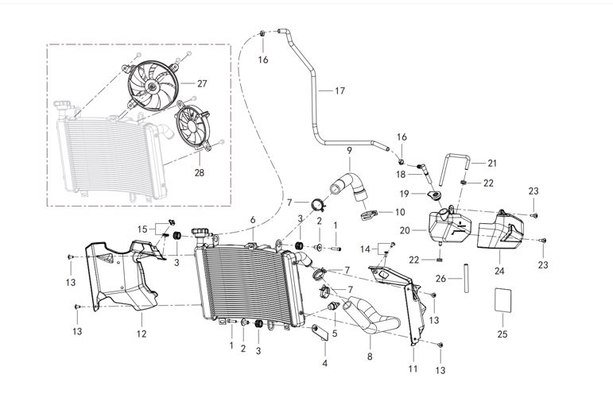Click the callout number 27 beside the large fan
pos(202,83)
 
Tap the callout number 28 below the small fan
pos(200,172)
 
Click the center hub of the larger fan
pos(152,87)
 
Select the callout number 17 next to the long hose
pos(339,91)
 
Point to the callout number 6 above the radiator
pos(253,219)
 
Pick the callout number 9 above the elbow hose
pos(349,150)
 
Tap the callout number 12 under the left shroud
pos(142,334)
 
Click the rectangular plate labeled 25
pos(503,300)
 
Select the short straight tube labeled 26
pos(467,279)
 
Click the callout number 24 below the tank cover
pos(499,270)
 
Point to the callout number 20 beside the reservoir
pos(405,230)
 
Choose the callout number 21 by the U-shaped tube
pos(492,164)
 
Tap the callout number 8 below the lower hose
pos(370,357)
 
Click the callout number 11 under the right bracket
pos(413,368)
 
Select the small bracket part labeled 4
pos(320,333)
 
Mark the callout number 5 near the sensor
pos(335,334)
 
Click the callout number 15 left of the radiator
pos(142,229)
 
